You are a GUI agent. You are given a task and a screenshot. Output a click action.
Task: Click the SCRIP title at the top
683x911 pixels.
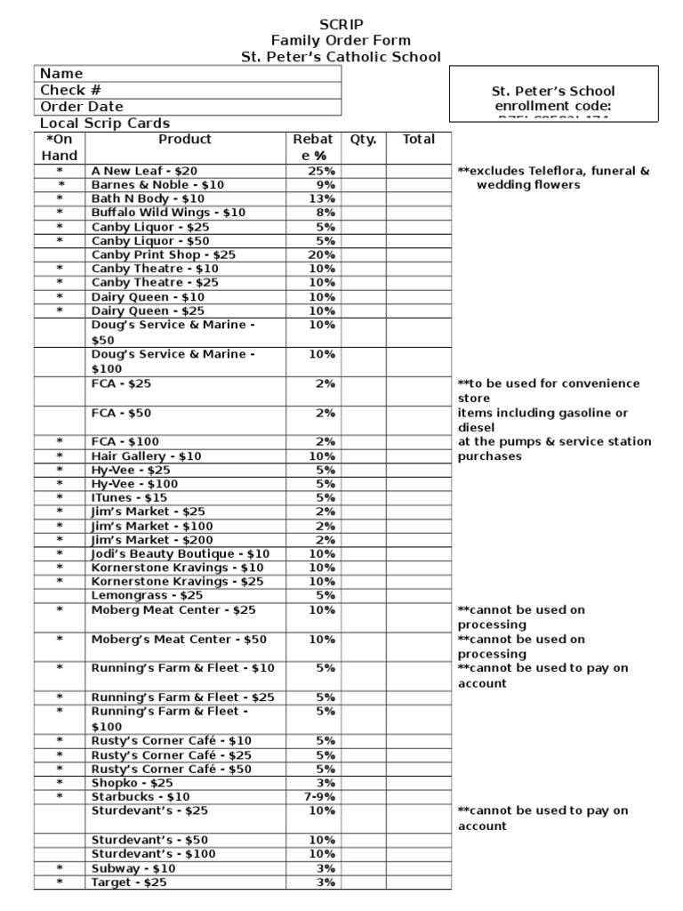pos(341,24)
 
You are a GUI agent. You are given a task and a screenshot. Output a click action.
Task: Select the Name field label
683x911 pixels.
pos(61,74)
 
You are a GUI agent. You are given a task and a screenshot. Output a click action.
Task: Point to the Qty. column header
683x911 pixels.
pos(363,140)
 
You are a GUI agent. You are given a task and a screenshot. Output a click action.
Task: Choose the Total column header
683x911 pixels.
pos(418,140)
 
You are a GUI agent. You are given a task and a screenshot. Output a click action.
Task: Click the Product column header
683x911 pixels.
pos(185,140)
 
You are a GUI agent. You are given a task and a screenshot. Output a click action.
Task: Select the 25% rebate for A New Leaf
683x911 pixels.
pos(321,171)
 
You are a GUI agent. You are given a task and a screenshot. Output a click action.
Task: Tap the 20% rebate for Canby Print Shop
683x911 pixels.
pos(321,254)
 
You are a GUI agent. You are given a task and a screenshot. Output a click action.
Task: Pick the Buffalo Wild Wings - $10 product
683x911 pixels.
pos(168,213)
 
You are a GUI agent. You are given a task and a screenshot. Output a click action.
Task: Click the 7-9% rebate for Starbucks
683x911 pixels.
pos(319,797)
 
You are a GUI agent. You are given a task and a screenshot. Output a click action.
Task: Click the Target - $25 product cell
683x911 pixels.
pos(129,883)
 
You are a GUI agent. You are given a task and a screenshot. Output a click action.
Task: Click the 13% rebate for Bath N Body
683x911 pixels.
pos(323,198)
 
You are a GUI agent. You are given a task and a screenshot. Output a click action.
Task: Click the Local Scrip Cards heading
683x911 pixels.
pos(105,124)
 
